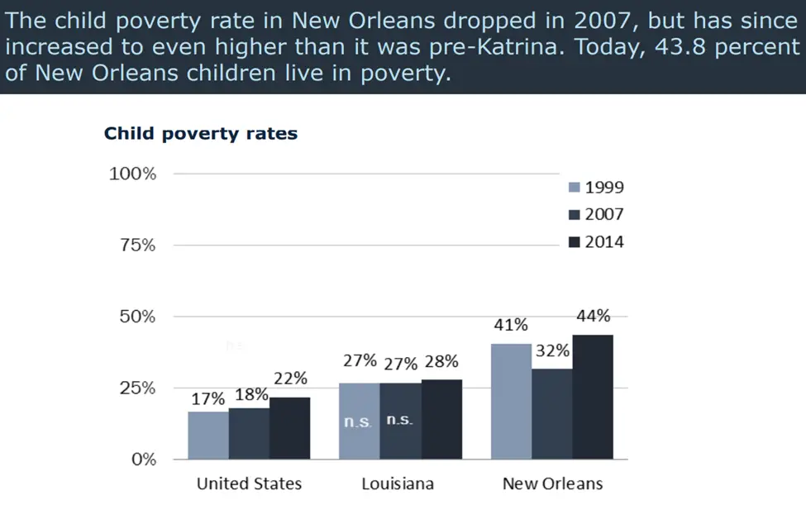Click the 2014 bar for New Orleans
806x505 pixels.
point(593,397)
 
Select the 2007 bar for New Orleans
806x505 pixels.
point(552,413)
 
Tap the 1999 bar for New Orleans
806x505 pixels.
point(512,401)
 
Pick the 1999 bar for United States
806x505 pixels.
point(208,435)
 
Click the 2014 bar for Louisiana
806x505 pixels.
point(441,419)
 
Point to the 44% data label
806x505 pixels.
point(593,316)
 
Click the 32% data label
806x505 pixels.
point(552,350)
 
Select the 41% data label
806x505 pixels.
point(511,325)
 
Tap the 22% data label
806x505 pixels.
point(290,379)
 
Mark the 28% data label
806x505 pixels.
point(441,361)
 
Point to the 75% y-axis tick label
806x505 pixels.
point(132,245)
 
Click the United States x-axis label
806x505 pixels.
point(249,484)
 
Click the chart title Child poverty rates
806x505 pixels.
point(201,133)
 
